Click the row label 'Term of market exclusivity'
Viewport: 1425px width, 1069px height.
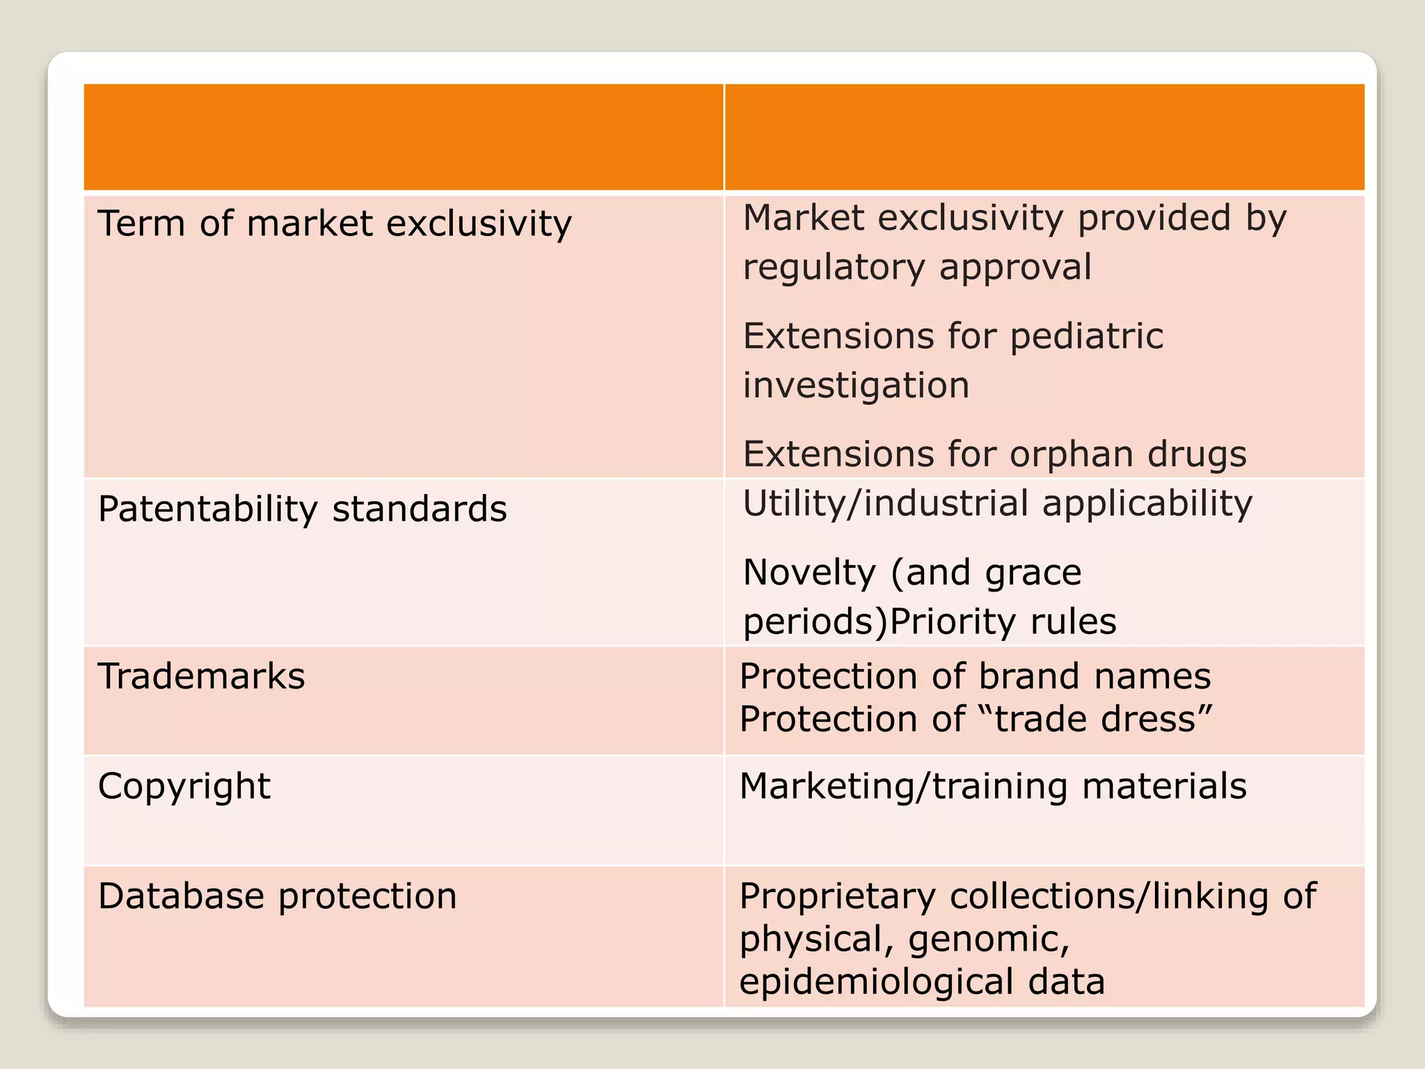click(x=335, y=224)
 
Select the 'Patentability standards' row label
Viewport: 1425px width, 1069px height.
click(x=303, y=509)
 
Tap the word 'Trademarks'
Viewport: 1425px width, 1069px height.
click(x=202, y=676)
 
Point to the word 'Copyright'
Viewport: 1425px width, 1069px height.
click(x=184, y=787)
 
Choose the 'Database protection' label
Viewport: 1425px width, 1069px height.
click(x=278, y=896)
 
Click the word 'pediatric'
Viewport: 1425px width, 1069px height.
click(x=1086, y=337)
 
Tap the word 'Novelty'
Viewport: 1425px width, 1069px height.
click(x=809, y=573)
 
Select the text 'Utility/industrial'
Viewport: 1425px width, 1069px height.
click(x=886, y=503)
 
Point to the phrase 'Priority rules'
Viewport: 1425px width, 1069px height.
click(x=1003, y=621)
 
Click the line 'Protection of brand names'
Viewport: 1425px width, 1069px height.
click(x=975, y=676)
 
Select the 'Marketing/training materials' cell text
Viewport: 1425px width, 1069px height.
click(x=993, y=786)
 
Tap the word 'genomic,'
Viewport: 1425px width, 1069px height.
click(x=989, y=940)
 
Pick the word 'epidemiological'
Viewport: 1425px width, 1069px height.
click(x=876, y=982)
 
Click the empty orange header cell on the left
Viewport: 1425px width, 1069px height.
click(x=404, y=137)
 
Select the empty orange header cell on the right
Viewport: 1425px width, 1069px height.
click(x=1044, y=137)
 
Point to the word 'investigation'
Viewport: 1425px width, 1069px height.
click(x=856, y=386)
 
